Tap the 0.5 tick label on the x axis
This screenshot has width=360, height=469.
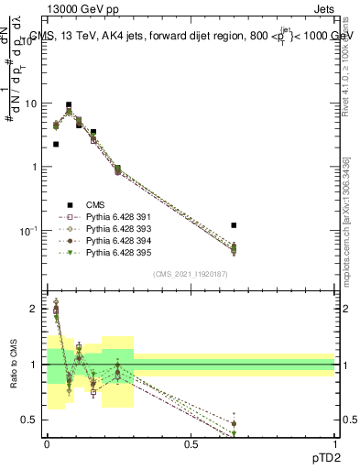[x=191, y=443]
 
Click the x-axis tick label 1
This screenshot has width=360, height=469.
[x=335, y=443]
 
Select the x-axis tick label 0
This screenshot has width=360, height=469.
[x=47, y=443]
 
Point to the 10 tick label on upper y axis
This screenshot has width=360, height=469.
[x=31, y=104]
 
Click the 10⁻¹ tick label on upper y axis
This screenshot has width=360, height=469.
[x=29, y=230]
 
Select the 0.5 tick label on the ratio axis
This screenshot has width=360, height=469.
[x=32, y=420]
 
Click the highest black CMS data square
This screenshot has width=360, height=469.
[x=69, y=105]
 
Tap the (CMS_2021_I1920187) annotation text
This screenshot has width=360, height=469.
[x=190, y=274]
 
